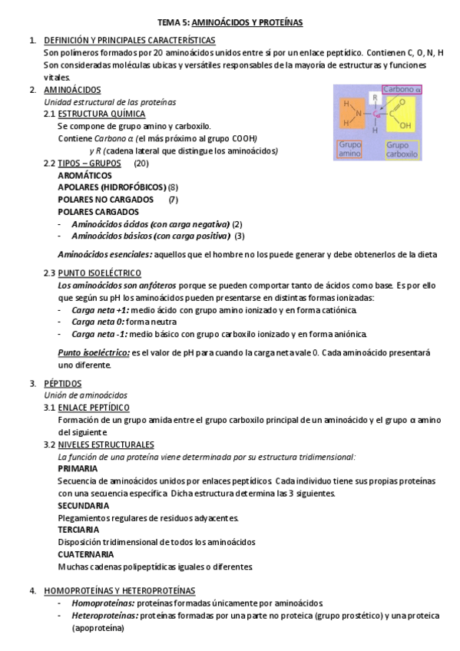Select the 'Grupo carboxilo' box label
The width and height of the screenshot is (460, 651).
tap(402, 149)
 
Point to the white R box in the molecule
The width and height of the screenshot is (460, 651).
tap(376, 97)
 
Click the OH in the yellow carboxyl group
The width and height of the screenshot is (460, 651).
tap(406, 125)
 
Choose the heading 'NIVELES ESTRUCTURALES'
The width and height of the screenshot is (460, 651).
tap(105, 444)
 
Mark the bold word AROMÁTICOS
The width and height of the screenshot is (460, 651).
tap(84, 175)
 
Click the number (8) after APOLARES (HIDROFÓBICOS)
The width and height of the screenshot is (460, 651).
tap(173, 187)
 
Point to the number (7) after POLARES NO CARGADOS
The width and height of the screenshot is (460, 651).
tap(173, 200)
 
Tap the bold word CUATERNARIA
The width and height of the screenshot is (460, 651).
tap(86, 554)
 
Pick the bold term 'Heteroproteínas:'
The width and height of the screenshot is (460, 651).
tap(104, 616)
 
